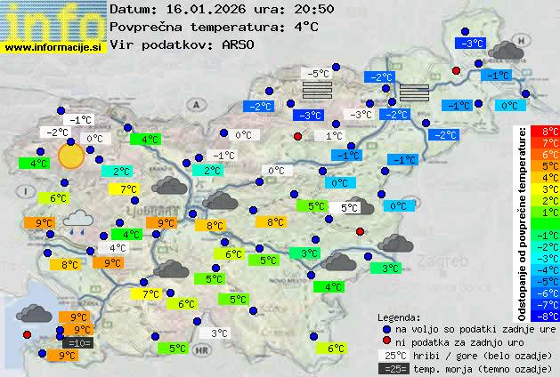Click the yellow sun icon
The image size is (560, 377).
click(70, 156)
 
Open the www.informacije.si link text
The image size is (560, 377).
click(53, 47)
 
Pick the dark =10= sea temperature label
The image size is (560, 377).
click(77, 342)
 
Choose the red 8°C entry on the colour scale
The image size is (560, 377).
click(550, 132)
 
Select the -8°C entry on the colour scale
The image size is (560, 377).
click(550, 315)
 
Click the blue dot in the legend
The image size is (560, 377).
click(386, 328)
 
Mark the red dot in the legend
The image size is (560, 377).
click(386, 341)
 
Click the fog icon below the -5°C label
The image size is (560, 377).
click(316, 90)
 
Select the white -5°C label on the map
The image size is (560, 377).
click(315, 73)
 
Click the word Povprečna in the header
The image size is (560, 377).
click(147, 27)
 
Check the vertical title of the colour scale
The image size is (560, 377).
click(523, 222)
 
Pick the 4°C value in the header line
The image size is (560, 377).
click(306, 27)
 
